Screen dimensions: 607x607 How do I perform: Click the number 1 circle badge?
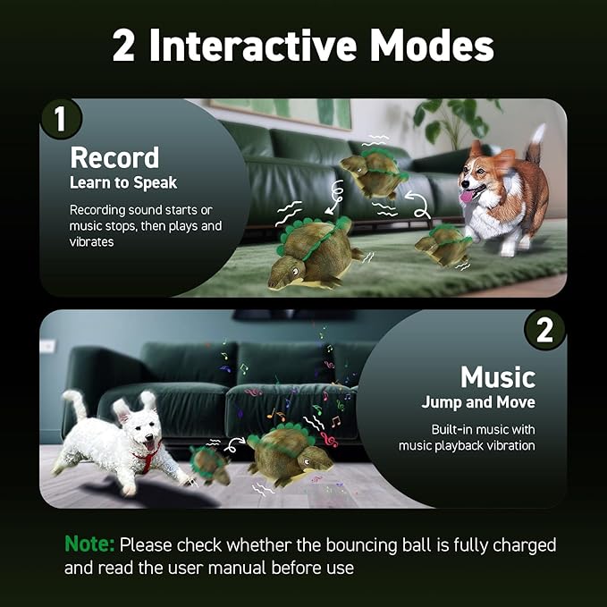61,120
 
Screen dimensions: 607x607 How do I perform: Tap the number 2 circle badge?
544,331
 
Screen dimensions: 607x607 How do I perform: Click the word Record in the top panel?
114,157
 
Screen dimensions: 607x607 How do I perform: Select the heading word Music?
497,375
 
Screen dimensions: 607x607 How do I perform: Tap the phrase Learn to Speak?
123,183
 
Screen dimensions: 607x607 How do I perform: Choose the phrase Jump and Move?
478,402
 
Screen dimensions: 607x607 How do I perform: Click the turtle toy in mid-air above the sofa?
373,173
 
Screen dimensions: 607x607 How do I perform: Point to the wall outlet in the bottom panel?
47,346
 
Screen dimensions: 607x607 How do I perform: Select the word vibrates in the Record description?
91,242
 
